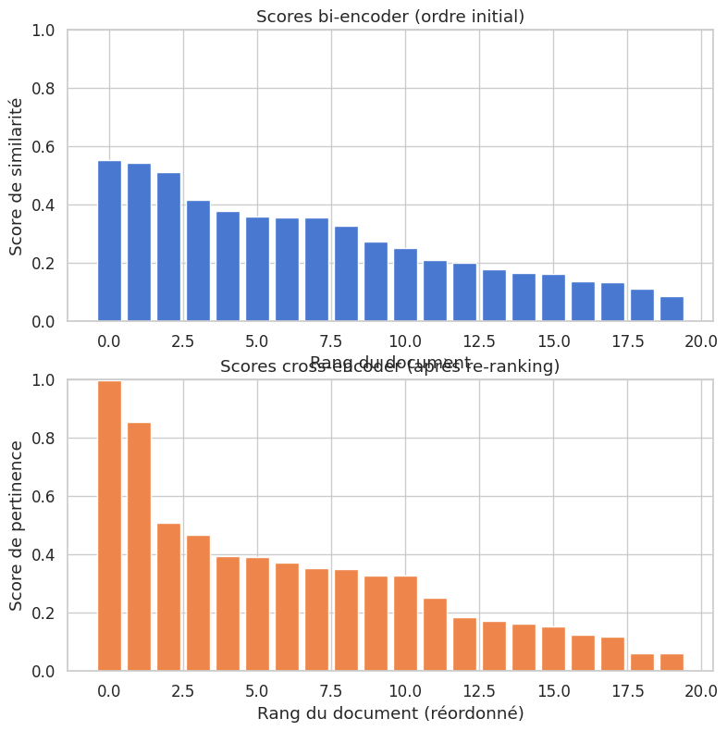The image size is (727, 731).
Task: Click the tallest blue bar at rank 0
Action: (x=109, y=242)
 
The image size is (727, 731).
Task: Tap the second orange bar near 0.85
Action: (x=139, y=547)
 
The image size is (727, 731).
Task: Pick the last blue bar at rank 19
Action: (x=672, y=309)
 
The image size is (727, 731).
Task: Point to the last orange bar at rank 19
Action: (x=672, y=663)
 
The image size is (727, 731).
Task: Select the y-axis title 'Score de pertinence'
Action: (x=17, y=526)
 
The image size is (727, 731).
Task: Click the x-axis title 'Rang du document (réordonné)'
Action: (x=390, y=713)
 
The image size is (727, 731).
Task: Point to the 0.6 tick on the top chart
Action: (x=43, y=147)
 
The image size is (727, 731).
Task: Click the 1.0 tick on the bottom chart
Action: (x=43, y=380)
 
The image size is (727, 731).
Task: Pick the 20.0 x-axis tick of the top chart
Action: (x=701, y=341)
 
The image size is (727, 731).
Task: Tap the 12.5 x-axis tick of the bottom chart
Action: (x=479, y=691)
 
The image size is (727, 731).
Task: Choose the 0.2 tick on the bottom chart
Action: (x=43, y=613)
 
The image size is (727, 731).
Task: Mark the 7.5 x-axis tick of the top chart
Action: (x=331, y=341)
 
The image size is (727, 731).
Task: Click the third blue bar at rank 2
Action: (x=168, y=247)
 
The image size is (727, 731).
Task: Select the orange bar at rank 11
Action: (x=435, y=635)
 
